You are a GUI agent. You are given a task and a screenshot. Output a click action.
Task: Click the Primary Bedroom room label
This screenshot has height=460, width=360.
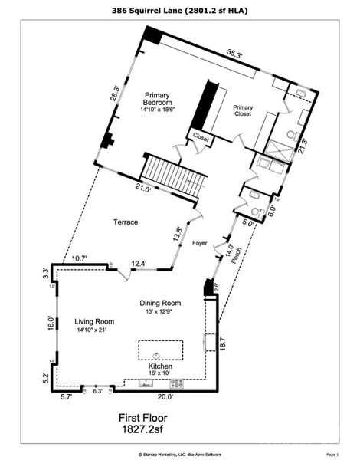coord(160,102)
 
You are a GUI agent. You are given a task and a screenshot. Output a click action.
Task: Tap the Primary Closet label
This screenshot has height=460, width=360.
coord(244,112)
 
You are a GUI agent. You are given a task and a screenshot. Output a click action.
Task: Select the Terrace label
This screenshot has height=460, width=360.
coord(126,222)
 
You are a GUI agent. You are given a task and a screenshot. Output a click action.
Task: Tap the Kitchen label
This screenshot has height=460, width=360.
coord(160,367)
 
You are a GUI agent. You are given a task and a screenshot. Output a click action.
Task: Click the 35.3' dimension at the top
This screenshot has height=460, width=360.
coord(234,54)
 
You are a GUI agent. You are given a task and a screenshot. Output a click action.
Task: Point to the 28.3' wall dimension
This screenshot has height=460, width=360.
coord(115,93)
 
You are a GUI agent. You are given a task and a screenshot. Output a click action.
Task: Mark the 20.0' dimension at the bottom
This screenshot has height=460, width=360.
coord(165,396)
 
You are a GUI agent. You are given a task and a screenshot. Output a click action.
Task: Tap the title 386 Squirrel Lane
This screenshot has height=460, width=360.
coord(180,11)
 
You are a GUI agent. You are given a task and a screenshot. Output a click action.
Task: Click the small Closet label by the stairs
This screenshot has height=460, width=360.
coord(201,139)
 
